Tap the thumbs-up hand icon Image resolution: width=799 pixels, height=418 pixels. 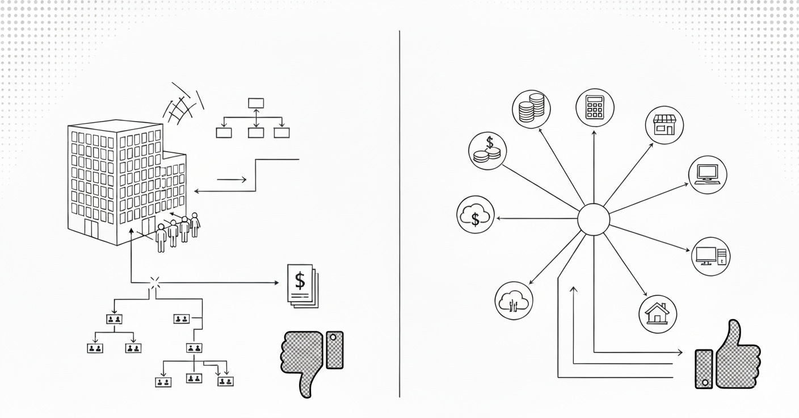[x=728, y=357]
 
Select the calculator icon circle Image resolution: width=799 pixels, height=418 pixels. [x=594, y=106]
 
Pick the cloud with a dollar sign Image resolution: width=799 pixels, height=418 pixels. [x=476, y=216]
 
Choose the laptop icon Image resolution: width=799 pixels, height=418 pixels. [x=708, y=174]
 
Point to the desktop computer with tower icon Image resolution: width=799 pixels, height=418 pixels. [x=710, y=256]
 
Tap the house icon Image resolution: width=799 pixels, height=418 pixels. [x=658, y=313]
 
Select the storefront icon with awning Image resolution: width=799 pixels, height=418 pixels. [x=664, y=125]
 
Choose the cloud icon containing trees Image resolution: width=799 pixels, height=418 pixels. [x=513, y=302]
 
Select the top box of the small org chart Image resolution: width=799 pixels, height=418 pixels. [x=256, y=103]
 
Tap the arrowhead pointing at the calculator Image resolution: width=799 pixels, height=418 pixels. [x=594, y=132]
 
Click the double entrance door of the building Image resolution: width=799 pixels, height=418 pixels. [x=91, y=228]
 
